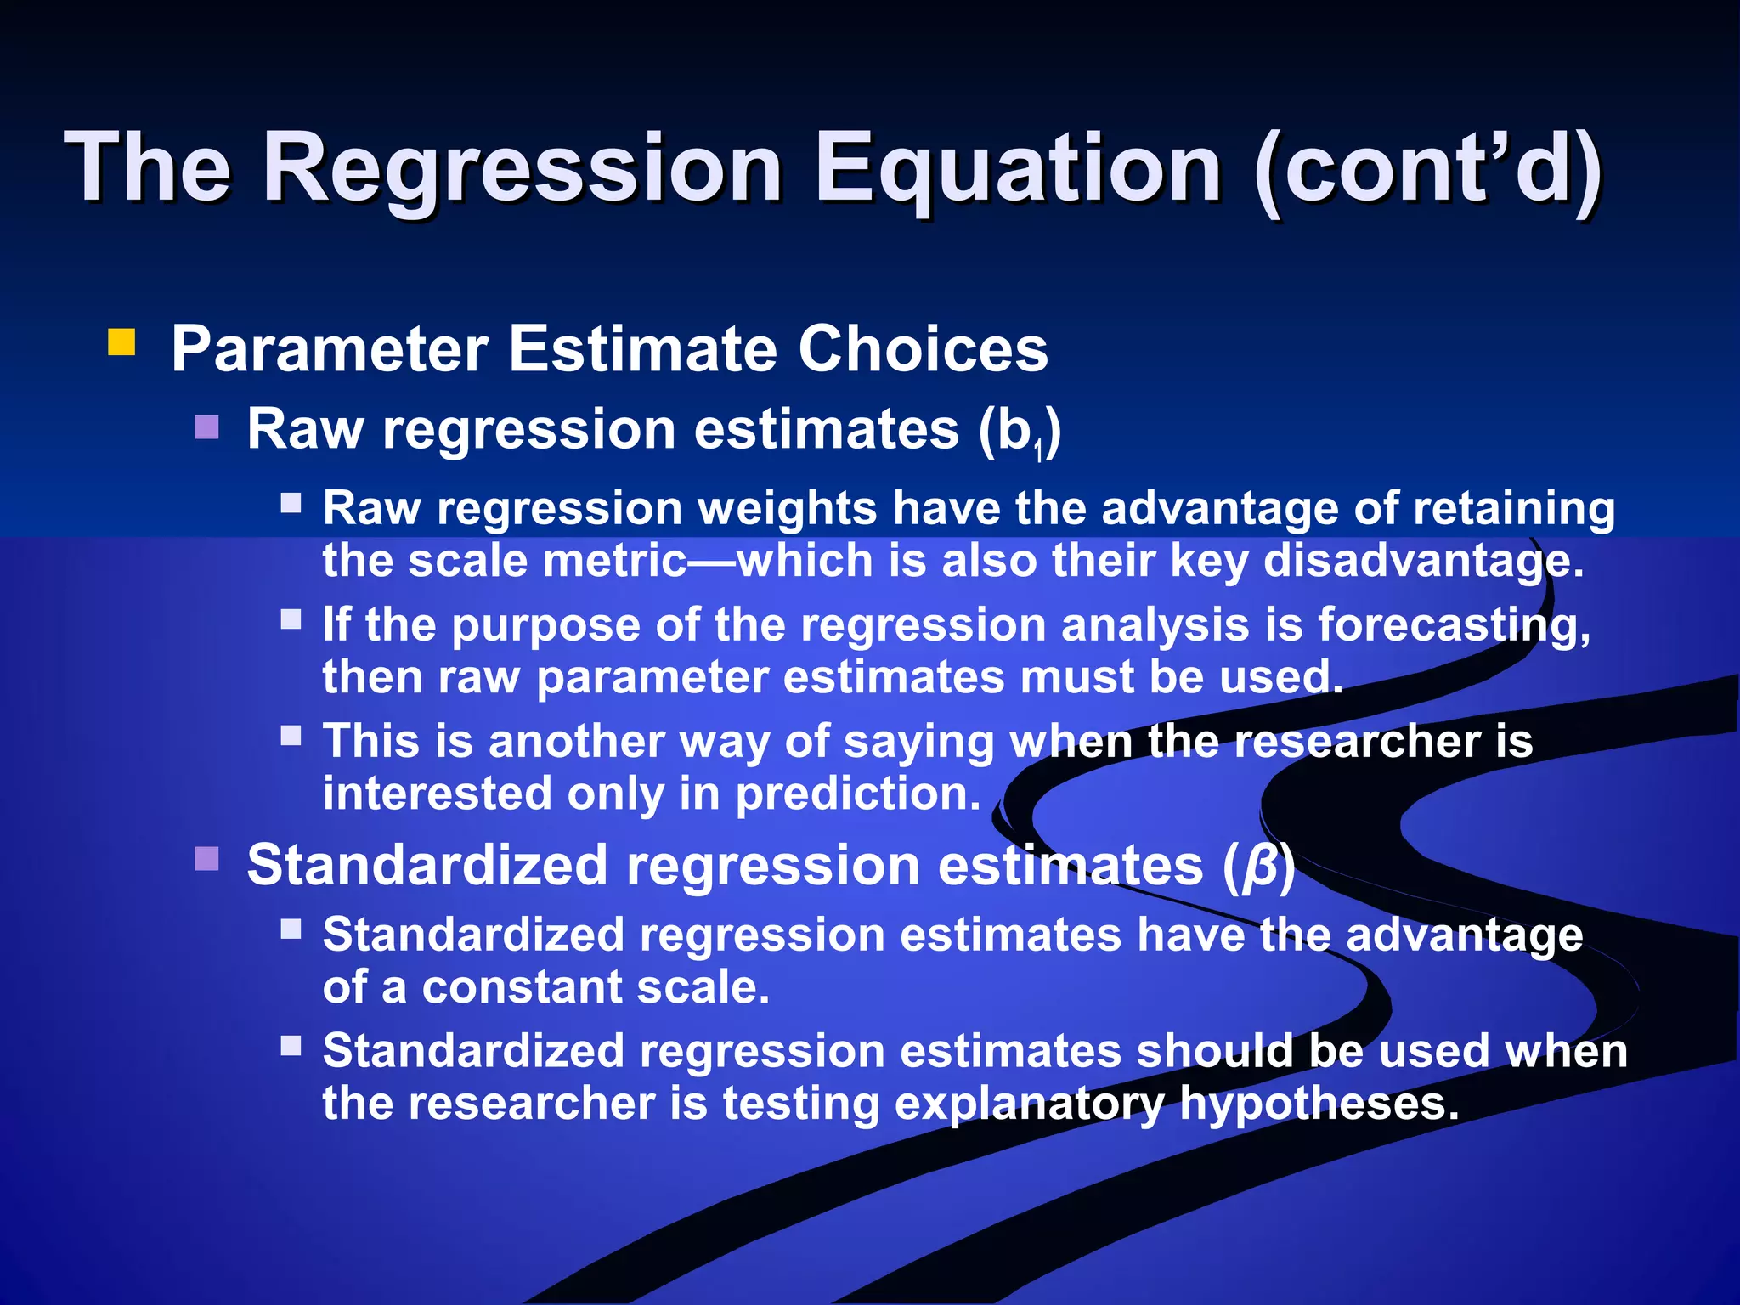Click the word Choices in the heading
(923, 349)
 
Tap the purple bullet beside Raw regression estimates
(206, 427)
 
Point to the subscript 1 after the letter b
(1038, 452)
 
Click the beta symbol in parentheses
(1260, 867)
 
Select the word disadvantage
(1423, 562)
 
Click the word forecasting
(1453, 625)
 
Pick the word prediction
(857, 794)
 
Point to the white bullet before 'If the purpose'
(291, 619)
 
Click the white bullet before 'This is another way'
(291, 735)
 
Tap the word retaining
(1513, 509)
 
